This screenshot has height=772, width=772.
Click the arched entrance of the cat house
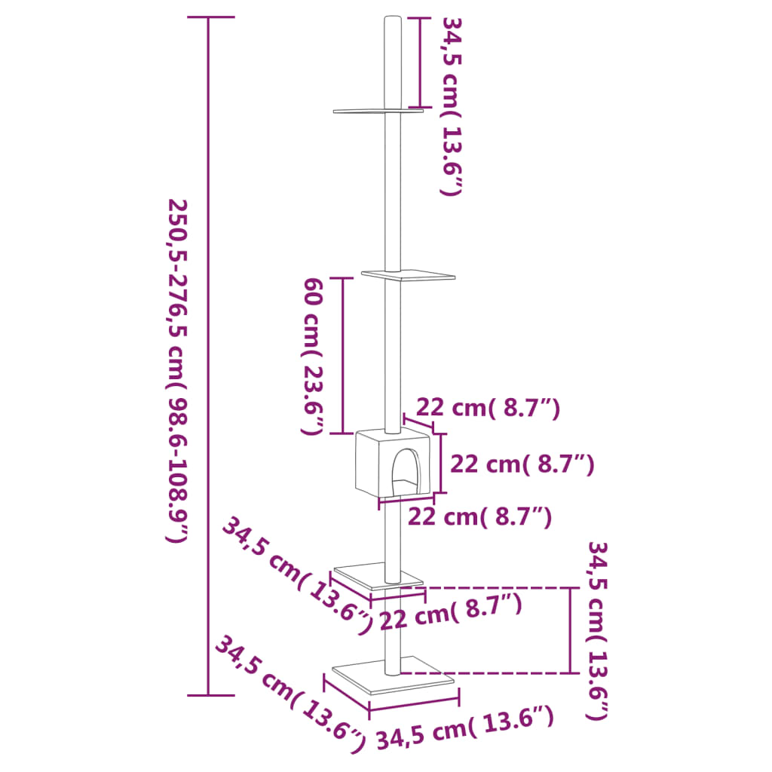coord(406,472)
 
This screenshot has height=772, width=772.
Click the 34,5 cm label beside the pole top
coord(449,106)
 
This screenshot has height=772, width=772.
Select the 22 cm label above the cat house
coord(489,409)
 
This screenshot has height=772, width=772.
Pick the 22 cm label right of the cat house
coord(522,464)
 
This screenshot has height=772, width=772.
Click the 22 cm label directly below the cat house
coord(479,517)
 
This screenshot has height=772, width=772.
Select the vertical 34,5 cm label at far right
coord(599,630)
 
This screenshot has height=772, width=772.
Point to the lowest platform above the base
coord(377,577)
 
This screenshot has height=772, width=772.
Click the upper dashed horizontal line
coord(490,587)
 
